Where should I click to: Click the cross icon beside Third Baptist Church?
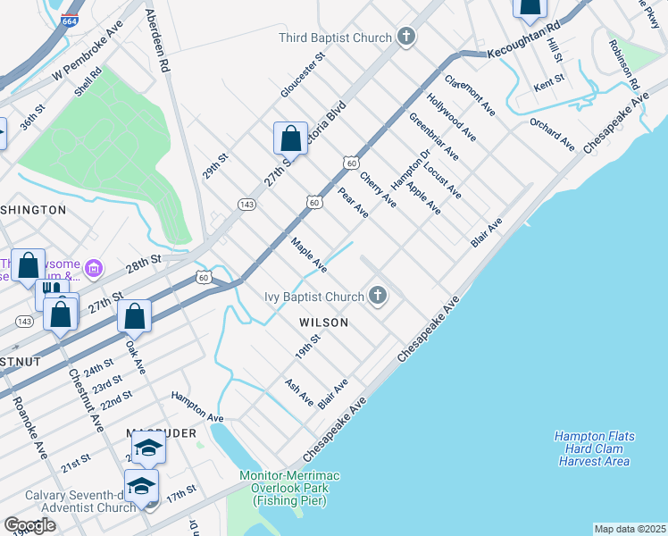tap(406, 38)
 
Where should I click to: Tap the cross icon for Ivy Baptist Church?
tap(378, 297)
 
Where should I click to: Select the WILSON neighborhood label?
tap(324, 322)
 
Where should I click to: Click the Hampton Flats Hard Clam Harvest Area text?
tap(594, 448)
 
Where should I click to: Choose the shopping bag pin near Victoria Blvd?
tap(290, 139)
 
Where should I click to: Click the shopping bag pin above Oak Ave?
tap(134, 316)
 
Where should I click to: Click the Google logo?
tap(30, 524)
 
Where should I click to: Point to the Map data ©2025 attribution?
tap(630, 529)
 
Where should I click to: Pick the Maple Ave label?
tap(308, 255)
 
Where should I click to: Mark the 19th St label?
tap(309, 345)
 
